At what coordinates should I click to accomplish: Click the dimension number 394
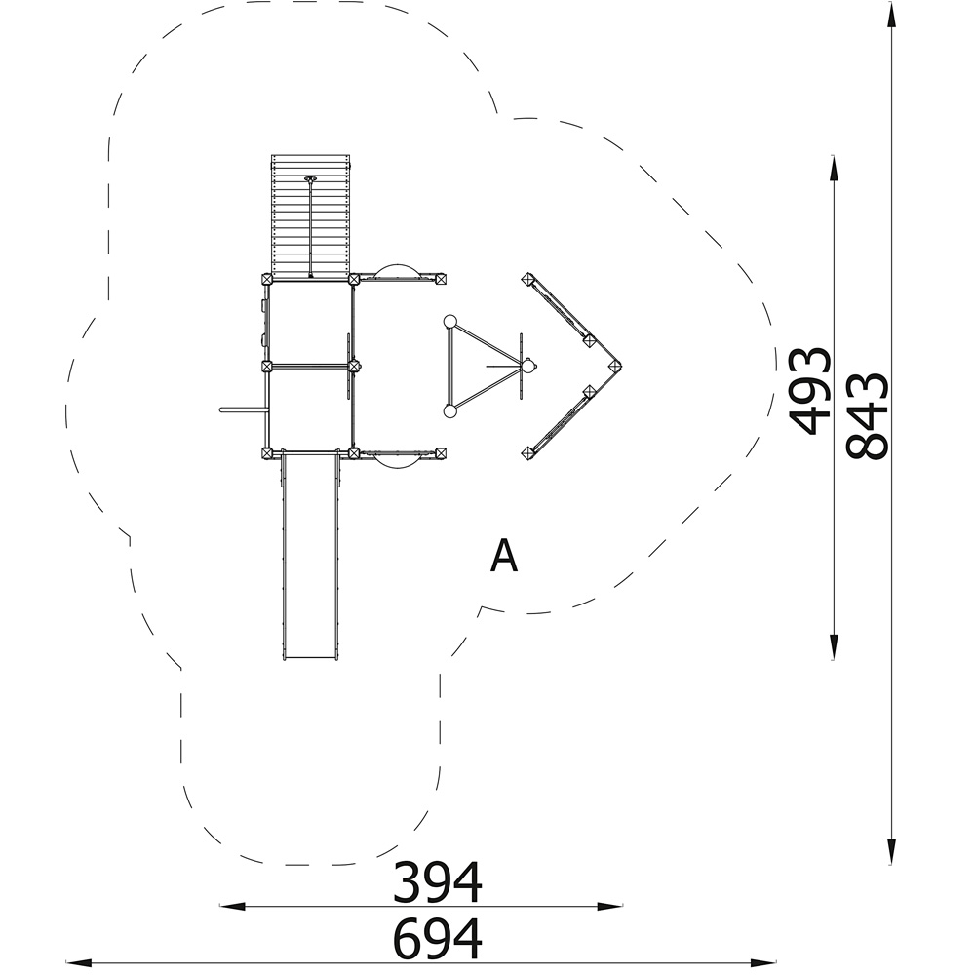(437, 881)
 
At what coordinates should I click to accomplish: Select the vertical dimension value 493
(809, 391)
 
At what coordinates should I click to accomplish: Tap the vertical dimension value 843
(867, 416)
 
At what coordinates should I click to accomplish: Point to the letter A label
(504, 556)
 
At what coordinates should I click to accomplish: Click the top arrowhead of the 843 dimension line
(891, 14)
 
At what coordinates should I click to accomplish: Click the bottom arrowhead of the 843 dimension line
(891, 851)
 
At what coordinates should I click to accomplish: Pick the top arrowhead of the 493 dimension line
(834, 168)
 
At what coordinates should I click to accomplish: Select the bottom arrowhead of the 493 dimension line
(834, 647)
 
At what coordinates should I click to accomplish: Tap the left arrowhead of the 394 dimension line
(233, 907)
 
